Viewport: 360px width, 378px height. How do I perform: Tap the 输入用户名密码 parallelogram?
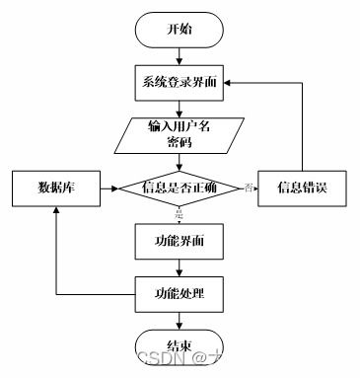[x=179, y=134]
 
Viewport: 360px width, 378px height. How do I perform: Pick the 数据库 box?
[x=53, y=188]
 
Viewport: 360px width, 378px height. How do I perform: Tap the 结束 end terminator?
[x=179, y=345]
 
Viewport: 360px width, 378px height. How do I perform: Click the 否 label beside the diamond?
[x=249, y=186]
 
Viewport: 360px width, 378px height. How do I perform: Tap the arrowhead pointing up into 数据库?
[x=53, y=214]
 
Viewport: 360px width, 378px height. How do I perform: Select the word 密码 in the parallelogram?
[x=179, y=142]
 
